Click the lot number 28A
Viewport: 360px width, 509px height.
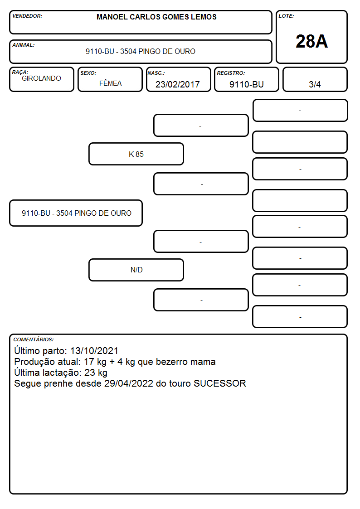coord(311,41)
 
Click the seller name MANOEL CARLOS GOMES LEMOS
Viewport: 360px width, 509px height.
coord(156,17)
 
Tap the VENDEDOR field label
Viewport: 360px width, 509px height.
coord(27,16)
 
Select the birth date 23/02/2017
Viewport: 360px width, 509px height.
coord(178,84)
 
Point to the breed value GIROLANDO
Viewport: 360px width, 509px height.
coord(41,78)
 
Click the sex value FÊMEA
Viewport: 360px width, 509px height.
coord(110,83)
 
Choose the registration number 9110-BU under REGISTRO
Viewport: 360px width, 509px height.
coord(246,84)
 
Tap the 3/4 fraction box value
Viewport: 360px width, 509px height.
coord(315,84)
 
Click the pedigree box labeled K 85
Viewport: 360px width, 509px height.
coord(136,154)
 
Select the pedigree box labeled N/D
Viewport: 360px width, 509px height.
coord(136,270)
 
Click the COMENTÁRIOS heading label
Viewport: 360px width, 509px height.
coord(34,339)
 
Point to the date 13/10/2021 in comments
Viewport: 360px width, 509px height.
coord(94,351)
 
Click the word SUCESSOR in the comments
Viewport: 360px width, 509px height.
coord(220,383)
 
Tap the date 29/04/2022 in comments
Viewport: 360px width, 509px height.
coord(129,383)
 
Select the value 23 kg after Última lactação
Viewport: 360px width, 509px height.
coord(96,373)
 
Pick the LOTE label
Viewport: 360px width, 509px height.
coord(286,16)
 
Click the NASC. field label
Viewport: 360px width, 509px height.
coord(156,73)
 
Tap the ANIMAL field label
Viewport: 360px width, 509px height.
coord(24,45)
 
